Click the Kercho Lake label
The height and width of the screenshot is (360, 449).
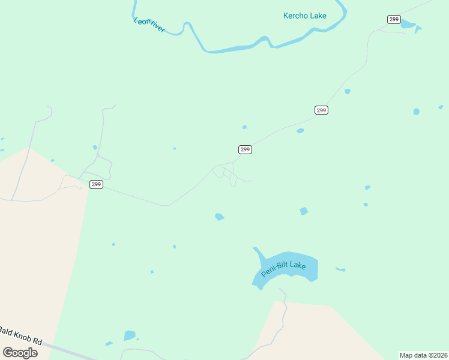tap(304, 16)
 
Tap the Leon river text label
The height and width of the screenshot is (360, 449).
tap(149, 25)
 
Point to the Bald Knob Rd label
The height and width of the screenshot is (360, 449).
tap(21, 336)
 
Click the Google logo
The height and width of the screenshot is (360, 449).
tap(20, 352)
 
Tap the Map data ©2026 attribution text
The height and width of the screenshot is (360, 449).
tap(423, 355)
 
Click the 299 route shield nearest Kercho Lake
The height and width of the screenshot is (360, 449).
tap(394, 20)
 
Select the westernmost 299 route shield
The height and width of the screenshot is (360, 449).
tap(96, 184)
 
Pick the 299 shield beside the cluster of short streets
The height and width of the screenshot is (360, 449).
tap(245, 149)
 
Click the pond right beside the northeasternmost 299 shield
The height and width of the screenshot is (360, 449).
tap(408, 24)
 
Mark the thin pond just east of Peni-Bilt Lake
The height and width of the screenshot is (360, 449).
tap(340, 269)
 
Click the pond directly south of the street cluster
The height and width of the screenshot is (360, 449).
tap(220, 217)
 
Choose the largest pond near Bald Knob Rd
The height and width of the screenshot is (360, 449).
tap(129, 335)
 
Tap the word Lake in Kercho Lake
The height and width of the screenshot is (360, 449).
tap(318, 16)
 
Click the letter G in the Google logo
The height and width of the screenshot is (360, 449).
tap(7, 352)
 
